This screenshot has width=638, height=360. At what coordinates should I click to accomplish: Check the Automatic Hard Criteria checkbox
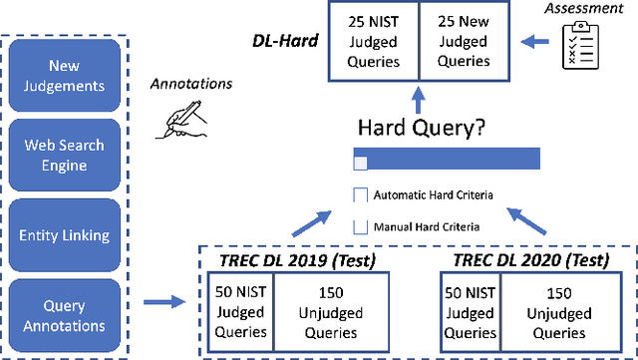pos(361,194)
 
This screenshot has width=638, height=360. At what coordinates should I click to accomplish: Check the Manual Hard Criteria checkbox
pos(361,225)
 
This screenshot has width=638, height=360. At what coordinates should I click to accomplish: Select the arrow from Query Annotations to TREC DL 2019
pos(163,298)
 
